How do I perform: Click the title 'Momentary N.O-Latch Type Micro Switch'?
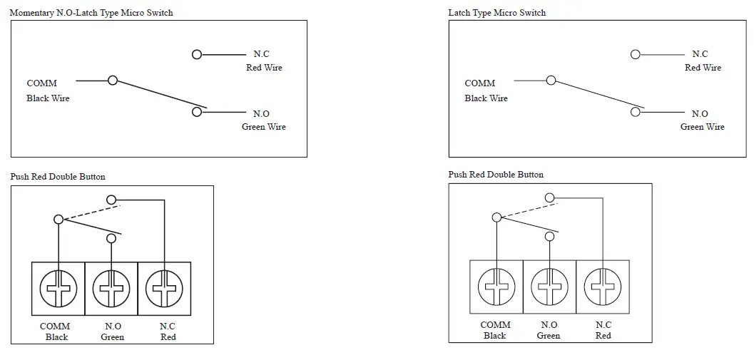point(91,13)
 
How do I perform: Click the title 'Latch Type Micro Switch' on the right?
point(496,13)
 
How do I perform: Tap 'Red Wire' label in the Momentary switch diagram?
point(264,68)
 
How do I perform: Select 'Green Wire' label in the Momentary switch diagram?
point(263,127)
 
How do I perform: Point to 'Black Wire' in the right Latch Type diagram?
point(486,98)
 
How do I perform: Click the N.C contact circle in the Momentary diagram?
point(197,54)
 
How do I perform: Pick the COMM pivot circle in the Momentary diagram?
point(112,81)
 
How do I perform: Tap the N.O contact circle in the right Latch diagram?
point(635,112)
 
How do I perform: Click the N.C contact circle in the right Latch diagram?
point(635,54)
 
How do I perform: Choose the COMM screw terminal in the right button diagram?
point(496,287)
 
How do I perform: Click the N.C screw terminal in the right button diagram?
point(603,287)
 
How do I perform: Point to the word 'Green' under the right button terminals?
point(549,336)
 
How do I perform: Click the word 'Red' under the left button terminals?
point(168,337)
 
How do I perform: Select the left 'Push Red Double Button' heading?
point(58,177)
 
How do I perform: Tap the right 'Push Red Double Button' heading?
point(496,175)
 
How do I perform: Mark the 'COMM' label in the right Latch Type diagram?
point(479,83)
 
